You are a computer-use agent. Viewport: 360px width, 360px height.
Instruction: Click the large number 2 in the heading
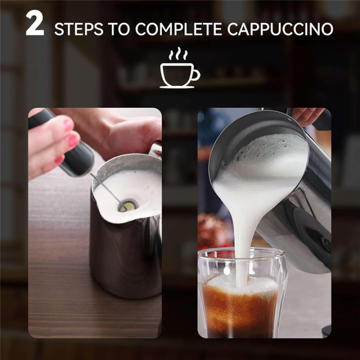pyautogui.click(x=34, y=25)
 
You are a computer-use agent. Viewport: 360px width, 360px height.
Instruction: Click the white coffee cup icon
pyautogui.click(x=178, y=75)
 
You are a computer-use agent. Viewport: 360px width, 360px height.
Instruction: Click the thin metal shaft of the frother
pyautogui.click(x=107, y=187)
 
